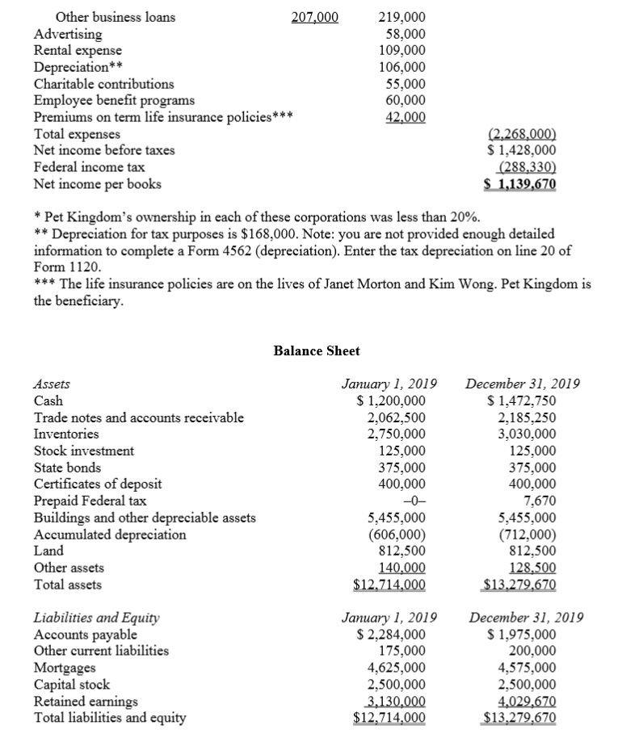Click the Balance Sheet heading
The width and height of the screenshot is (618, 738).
coord(317,350)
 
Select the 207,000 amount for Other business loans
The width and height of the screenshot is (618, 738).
coord(315,17)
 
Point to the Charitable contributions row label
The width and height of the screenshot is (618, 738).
coord(103,84)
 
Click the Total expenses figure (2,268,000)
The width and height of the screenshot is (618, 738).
coord(523,135)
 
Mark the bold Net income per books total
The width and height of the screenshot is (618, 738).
coord(519,184)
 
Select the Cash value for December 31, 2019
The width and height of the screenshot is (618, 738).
coord(522,400)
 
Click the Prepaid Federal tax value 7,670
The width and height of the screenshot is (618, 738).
coord(540,501)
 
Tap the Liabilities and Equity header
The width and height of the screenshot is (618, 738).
coord(96,618)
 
